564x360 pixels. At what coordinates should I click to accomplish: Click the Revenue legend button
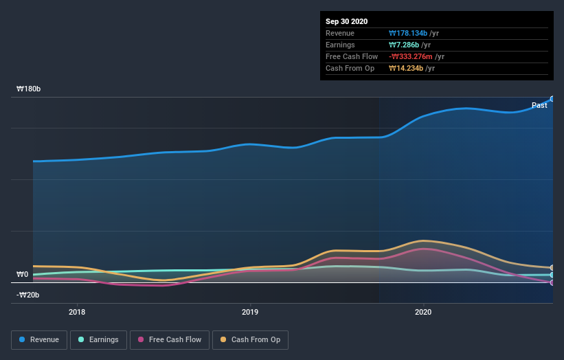(x=39, y=339)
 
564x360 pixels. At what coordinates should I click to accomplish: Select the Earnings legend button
(x=98, y=339)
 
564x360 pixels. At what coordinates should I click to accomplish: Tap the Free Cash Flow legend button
(x=169, y=339)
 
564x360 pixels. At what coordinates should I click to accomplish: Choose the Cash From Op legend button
(x=251, y=339)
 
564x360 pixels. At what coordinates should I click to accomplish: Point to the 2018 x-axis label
(x=78, y=312)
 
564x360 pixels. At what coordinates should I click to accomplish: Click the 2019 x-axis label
(x=250, y=312)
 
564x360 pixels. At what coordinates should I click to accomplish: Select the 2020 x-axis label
(x=423, y=312)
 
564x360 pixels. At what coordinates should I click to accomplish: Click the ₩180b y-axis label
(x=29, y=89)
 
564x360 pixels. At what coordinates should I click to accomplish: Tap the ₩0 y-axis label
(x=22, y=275)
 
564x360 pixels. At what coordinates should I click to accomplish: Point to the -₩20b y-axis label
(x=29, y=295)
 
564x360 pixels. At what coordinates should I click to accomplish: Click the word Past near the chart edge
(x=539, y=105)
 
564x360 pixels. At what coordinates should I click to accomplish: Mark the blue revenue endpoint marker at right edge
(x=552, y=99)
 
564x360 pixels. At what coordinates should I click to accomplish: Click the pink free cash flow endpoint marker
(x=552, y=282)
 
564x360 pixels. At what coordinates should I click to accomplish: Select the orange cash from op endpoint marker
(x=552, y=268)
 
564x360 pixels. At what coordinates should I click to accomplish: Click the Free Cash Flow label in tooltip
(x=350, y=56)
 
